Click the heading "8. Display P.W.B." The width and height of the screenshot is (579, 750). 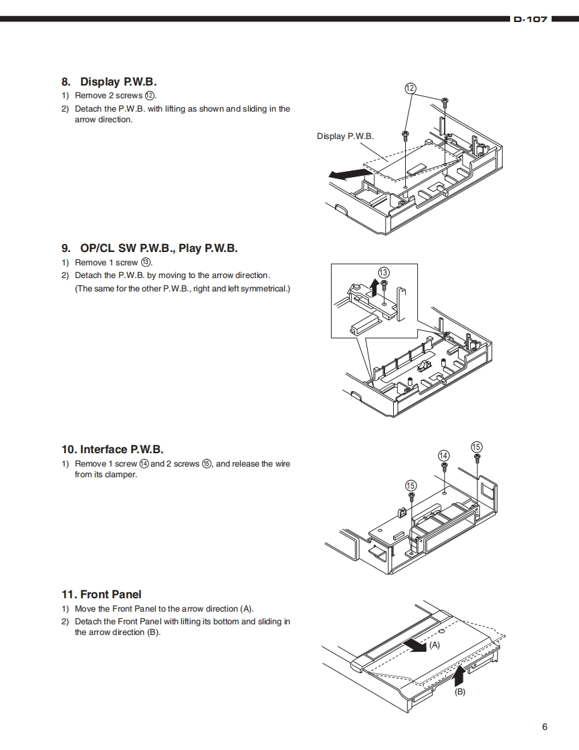tap(109, 82)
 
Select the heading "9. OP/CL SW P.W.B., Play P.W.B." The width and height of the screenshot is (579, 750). tap(150, 249)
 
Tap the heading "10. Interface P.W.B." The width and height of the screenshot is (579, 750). tap(112, 449)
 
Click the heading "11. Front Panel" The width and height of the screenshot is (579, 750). tap(102, 594)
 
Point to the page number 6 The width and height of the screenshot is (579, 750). tap(545, 727)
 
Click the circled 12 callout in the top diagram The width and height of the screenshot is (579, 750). tap(411, 88)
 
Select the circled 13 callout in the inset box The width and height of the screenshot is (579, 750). tap(383, 272)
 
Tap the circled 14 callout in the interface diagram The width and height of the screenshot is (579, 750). tap(443, 455)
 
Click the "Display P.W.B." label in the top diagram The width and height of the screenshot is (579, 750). tap(345, 136)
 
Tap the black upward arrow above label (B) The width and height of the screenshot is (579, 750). tap(459, 676)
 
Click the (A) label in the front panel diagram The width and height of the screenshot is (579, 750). tap(435, 646)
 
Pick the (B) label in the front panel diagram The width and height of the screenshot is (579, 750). tap(460, 693)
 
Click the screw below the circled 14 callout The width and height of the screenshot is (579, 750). tap(444, 465)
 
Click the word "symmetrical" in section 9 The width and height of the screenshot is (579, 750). tap(259, 289)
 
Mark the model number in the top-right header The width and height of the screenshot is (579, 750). tap(530, 20)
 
